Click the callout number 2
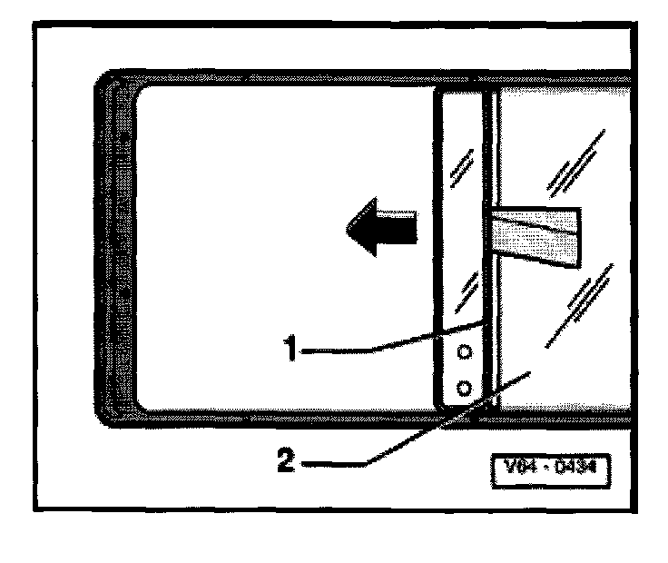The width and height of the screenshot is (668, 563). click(x=284, y=462)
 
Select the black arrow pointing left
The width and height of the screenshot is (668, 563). click(x=381, y=229)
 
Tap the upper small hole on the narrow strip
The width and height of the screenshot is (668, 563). click(x=464, y=351)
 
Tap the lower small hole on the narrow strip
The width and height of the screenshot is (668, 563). click(x=464, y=389)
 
